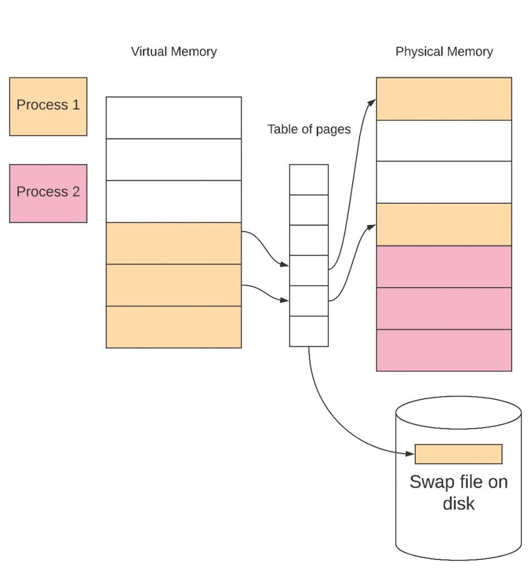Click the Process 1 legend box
[x=48, y=106]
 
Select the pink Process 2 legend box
[x=48, y=193]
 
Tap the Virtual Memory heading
[x=174, y=52]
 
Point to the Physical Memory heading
[x=444, y=52]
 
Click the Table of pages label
[x=309, y=129]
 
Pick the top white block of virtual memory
[x=174, y=118]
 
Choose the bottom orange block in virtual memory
[x=174, y=327]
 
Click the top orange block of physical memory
[x=444, y=99]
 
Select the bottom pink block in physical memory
[x=444, y=351]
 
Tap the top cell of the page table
[x=309, y=180]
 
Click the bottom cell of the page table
[x=309, y=332]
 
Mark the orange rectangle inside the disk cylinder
[x=459, y=454]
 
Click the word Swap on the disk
[x=432, y=483]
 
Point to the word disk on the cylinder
[x=459, y=503]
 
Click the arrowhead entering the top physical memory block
[x=372, y=102]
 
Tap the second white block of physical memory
[x=444, y=182]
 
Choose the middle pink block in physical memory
[x=444, y=308]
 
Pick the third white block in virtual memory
[x=174, y=202]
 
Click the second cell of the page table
[x=309, y=210]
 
